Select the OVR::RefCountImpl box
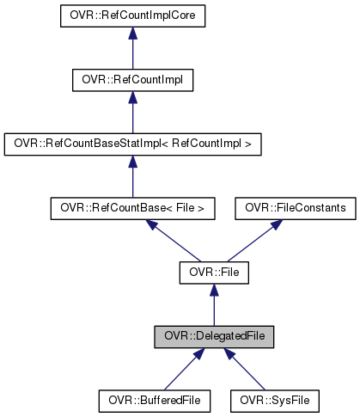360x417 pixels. pyautogui.click(x=131, y=80)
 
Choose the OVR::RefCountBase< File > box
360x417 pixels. pyautogui.click(x=131, y=208)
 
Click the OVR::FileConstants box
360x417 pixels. pyautogui.click(x=295, y=208)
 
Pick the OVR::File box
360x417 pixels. pyautogui.click(x=213, y=273)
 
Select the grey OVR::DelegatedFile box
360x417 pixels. pyautogui.click(x=213, y=336)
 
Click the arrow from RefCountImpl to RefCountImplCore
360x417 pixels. pyautogui.click(x=131, y=52)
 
